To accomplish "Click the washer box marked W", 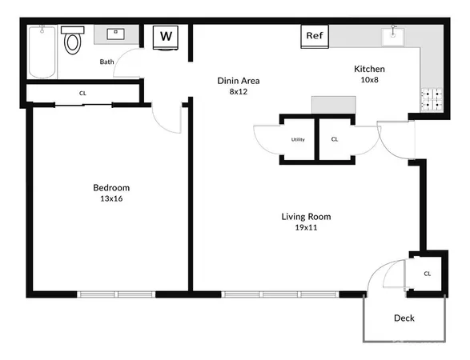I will [166, 36].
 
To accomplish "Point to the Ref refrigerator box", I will [314, 36].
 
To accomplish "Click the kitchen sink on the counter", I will [394, 34].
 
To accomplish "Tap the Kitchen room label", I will [369, 69].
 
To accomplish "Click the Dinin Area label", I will [239, 81].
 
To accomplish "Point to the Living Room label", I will [306, 217].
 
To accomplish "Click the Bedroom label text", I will [110, 188].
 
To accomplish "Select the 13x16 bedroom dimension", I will [110, 199].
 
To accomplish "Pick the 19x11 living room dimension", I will [306, 228].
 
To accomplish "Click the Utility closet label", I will [297, 140].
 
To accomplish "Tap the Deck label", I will [404, 318].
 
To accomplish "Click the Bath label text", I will [106, 62].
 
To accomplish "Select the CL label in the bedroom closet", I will [82, 93].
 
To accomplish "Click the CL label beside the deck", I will [427, 274].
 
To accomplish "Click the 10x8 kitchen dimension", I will [369, 80].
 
